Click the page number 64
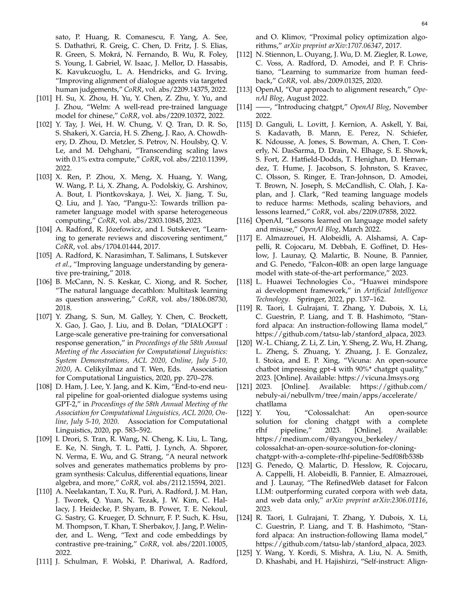pos(424,24)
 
